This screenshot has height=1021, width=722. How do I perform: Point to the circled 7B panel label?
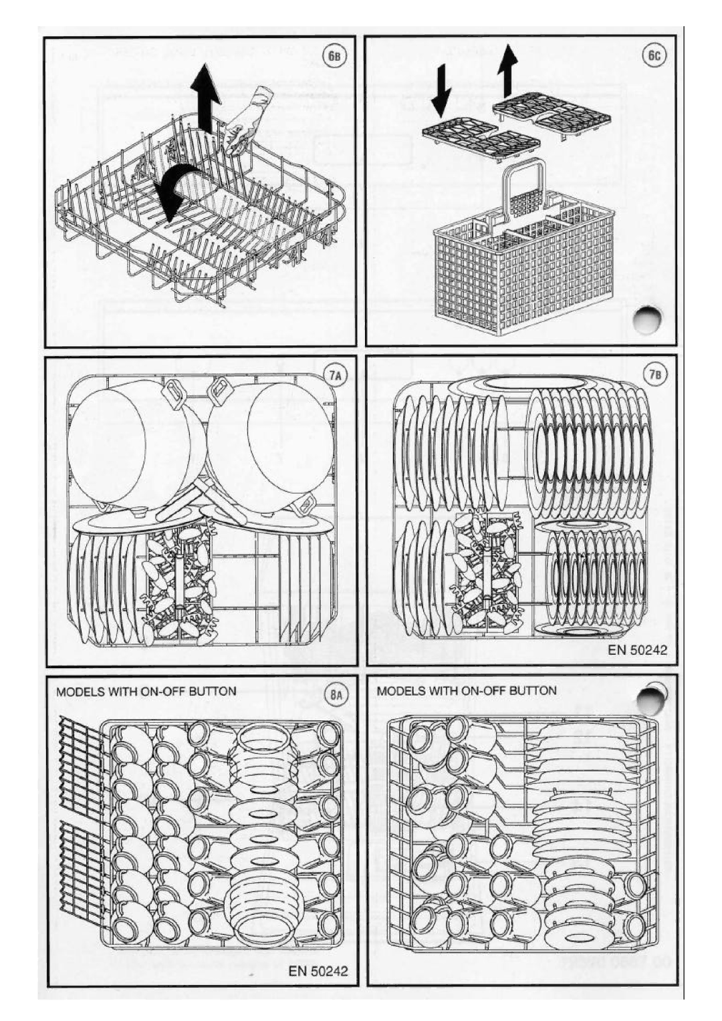[x=656, y=375]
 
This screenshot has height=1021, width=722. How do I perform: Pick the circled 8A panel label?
[x=338, y=694]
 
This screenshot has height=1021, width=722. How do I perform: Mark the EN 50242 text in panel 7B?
[x=637, y=649]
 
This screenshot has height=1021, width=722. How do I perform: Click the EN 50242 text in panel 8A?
[x=318, y=970]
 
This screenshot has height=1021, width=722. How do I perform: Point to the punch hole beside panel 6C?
[x=647, y=320]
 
